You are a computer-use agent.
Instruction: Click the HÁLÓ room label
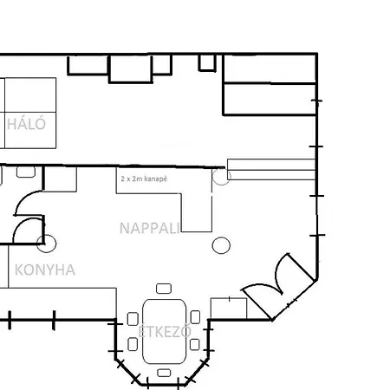25,123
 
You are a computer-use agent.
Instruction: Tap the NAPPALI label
149,228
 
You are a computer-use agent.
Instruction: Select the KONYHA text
45,270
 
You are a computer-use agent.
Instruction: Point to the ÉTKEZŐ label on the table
164,332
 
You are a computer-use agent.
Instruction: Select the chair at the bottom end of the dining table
164,373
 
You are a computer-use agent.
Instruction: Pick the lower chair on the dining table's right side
195,344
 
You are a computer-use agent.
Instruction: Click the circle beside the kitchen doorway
46,244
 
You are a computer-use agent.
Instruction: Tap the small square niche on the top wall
206,62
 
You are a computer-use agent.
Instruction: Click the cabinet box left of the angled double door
228,308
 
